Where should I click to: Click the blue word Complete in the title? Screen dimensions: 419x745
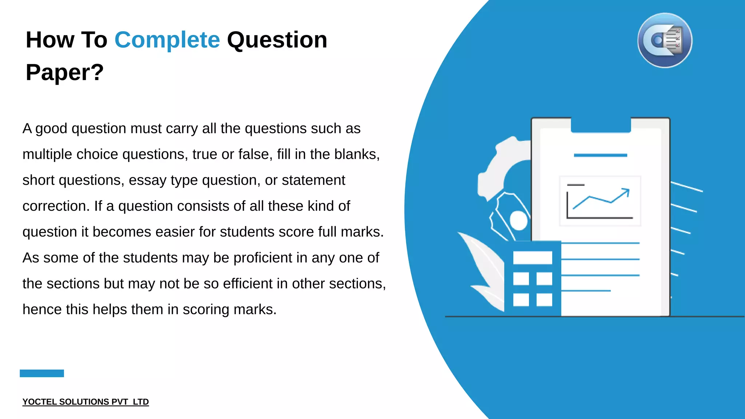167,40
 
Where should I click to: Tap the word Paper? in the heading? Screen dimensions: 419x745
65,72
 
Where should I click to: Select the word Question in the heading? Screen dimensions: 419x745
277,40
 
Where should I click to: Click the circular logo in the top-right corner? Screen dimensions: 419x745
665,40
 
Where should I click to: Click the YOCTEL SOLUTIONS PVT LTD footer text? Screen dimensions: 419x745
85,402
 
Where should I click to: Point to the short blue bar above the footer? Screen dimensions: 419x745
42,373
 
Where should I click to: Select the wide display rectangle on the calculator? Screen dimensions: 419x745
533,258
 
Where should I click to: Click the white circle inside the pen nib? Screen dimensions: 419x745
519,220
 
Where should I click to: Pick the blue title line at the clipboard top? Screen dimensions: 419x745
600,155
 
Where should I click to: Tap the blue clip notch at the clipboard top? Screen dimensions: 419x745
601,125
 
